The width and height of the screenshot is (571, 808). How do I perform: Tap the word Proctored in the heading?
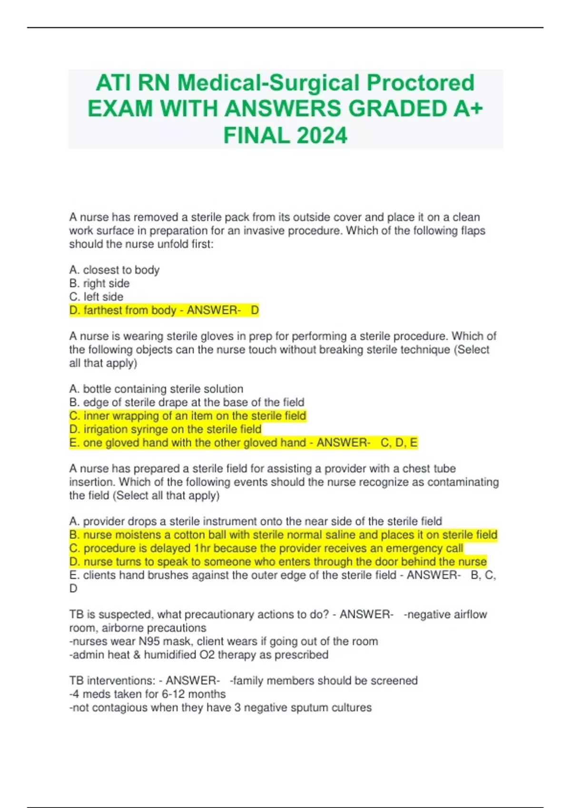click(420, 83)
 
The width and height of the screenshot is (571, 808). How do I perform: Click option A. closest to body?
click(114, 270)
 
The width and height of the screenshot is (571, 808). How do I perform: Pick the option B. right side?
click(99, 283)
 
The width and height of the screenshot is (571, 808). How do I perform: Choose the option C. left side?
click(96, 297)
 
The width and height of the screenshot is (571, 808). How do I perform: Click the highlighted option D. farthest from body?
click(164, 310)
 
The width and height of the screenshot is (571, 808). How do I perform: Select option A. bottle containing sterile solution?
click(156, 389)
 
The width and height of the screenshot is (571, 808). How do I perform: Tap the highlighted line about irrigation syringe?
click(165, 429)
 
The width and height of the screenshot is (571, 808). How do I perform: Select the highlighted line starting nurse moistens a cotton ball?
click(283, 535)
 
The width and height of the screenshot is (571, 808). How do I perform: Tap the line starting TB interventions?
click(243, 681)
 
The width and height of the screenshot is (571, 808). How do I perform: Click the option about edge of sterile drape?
click(187, 402)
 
